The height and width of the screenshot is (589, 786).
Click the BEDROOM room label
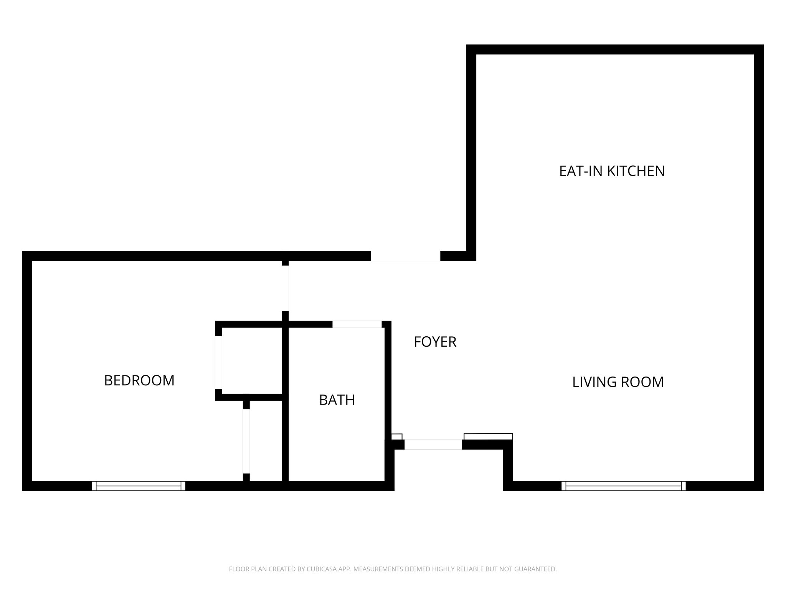139,380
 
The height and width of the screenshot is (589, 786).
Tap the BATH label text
337,400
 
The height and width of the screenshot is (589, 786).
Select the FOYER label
435,342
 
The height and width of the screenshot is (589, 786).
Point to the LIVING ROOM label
618,382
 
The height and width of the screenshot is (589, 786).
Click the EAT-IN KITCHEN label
612,171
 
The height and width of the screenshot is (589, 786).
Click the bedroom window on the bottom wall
139,486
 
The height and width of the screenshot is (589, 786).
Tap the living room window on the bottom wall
623,486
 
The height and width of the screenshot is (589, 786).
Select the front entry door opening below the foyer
433,444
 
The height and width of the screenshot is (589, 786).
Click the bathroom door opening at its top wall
357,324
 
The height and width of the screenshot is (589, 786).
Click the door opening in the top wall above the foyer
405,256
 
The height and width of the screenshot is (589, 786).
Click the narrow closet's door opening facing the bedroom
246,441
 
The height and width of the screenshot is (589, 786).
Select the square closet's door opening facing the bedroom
218,362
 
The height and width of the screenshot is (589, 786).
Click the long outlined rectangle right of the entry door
488,436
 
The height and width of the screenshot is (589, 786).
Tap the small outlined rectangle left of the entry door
396,436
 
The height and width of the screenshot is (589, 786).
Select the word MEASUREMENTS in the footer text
378,569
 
